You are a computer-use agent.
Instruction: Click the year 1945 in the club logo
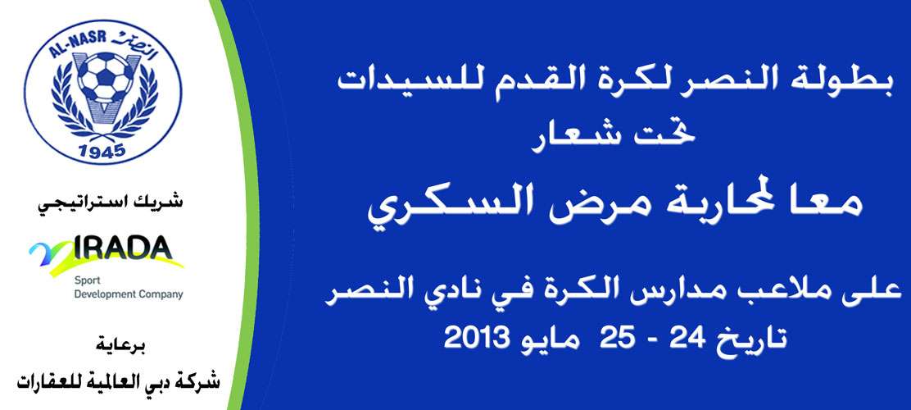pos(102,151)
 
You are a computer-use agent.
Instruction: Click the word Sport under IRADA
pos(84,281)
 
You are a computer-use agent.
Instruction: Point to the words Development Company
pos(129,294)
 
